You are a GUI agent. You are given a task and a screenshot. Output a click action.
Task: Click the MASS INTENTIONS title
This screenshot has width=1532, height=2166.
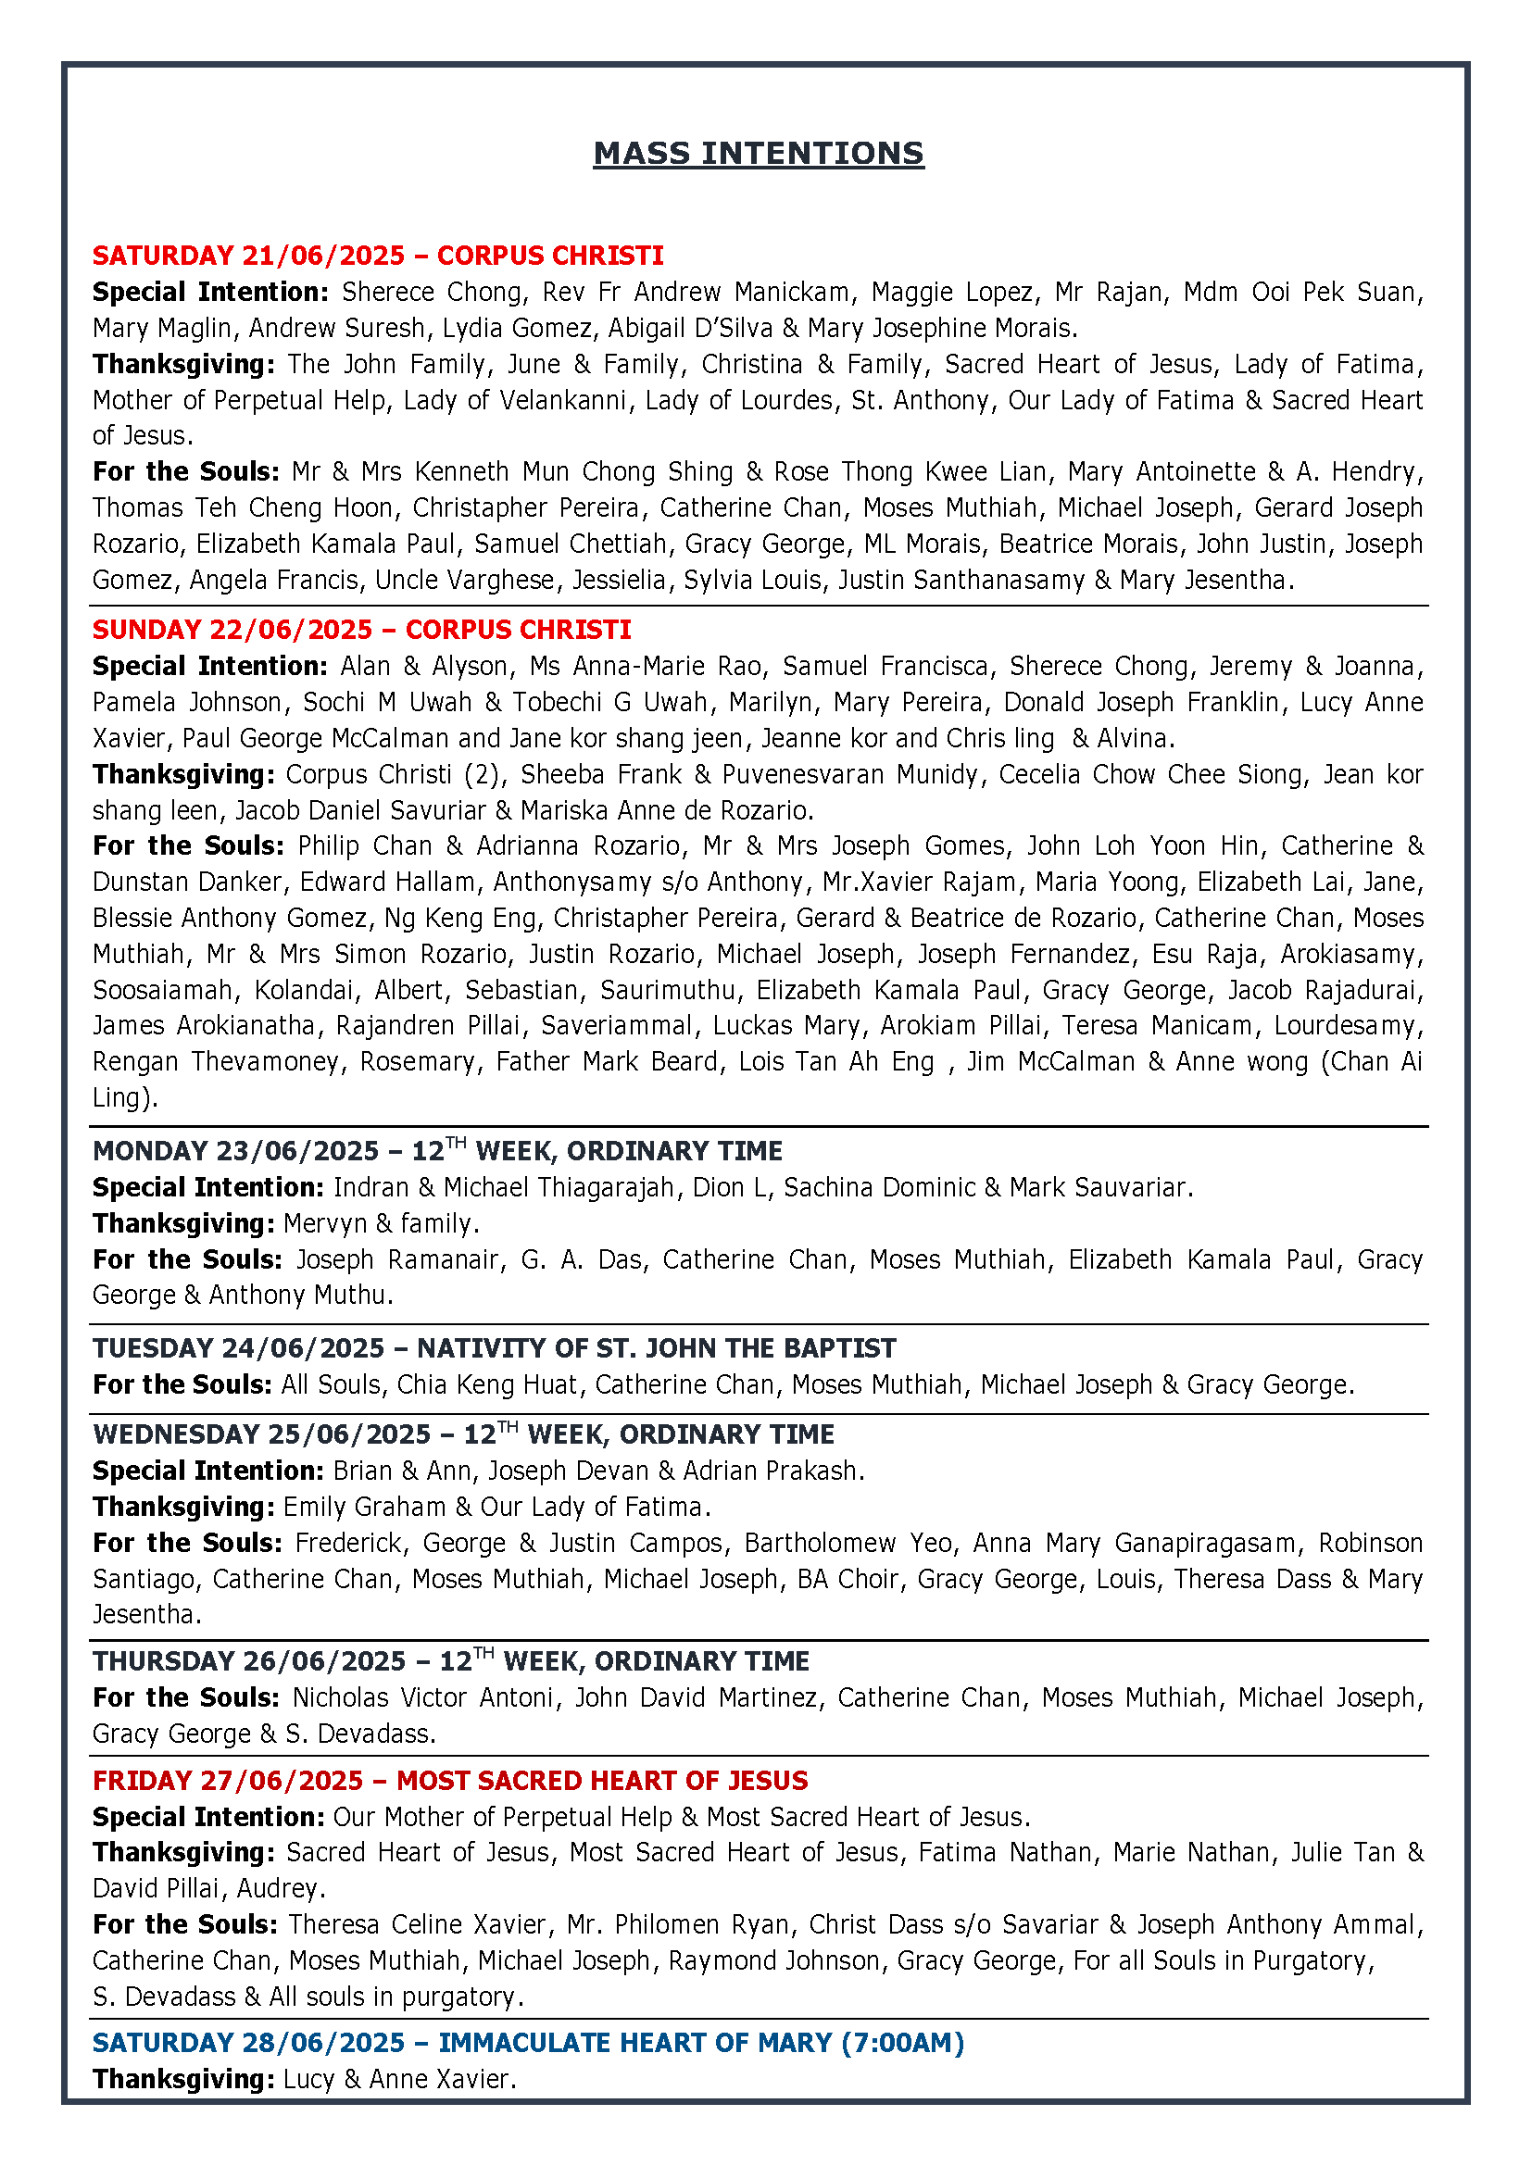point(759,154)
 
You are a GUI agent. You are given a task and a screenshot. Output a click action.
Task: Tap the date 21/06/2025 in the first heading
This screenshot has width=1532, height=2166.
point(322,256)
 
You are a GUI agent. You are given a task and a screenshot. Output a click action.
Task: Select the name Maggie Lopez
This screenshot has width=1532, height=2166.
point(951,293)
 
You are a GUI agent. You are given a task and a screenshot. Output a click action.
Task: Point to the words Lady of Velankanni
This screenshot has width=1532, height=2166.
point(514,401)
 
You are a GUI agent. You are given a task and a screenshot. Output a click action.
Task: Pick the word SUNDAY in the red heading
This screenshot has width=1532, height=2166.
point(139,631)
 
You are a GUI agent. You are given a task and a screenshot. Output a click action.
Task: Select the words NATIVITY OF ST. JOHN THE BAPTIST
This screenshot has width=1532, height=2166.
point(657,1349)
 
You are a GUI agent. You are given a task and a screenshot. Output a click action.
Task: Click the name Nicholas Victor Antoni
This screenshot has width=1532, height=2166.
point(422,1698)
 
